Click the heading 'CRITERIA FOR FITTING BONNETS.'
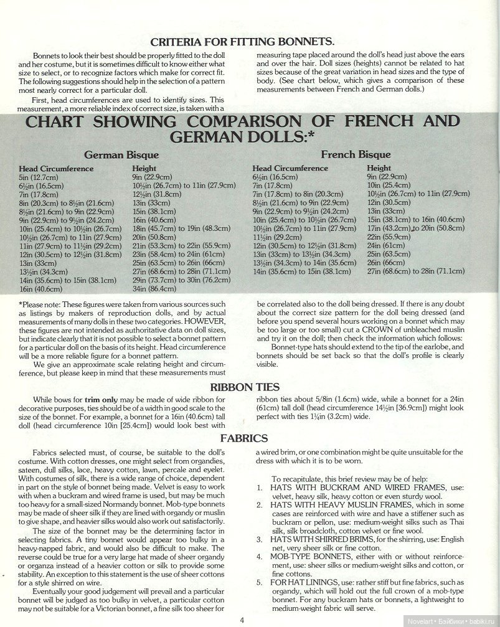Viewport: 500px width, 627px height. [243, 42]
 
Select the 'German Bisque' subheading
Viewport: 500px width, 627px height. [121, 155]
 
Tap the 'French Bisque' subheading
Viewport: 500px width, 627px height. [356, 154]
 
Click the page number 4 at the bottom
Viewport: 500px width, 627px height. [241, 619]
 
